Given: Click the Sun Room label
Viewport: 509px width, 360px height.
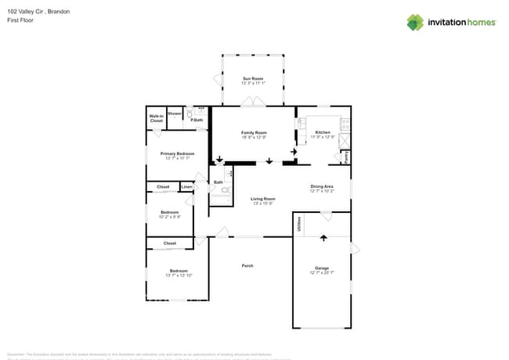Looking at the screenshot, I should click(x=252, y=78).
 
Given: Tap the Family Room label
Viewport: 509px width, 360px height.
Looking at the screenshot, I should click(x=254, y=133).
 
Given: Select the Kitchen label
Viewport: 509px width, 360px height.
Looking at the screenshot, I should click(x=323, y=132).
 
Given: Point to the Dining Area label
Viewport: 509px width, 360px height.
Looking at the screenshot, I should click(x=322, y=186).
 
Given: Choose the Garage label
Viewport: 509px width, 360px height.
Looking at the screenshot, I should click(x=322, y=268).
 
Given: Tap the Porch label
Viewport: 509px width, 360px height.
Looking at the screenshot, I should click(x=247, y=266).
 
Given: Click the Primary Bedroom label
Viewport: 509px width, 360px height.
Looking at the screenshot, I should click(x=177, y=153).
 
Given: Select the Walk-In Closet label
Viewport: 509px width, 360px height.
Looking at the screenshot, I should click(x=157, y=119).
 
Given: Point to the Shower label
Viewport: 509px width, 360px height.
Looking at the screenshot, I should click(x=175, y=114).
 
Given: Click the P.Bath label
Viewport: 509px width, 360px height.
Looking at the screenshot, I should click(x=197, y=120).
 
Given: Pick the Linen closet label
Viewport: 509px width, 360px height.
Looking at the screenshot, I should click(x=186, y=187).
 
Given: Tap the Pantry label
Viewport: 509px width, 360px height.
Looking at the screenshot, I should click(x=345, y=157).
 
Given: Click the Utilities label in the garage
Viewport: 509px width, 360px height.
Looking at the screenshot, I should click(x=299, y=224).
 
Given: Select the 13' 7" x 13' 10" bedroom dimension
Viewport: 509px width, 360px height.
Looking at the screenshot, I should click(x=179, y=275).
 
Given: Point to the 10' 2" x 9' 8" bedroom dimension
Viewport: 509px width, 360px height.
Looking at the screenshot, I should click(x=170, y=217).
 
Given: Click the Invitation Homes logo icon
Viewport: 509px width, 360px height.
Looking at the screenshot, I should click(x=415, y=22).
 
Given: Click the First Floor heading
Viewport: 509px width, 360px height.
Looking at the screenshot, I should click(x=20, y=20).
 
